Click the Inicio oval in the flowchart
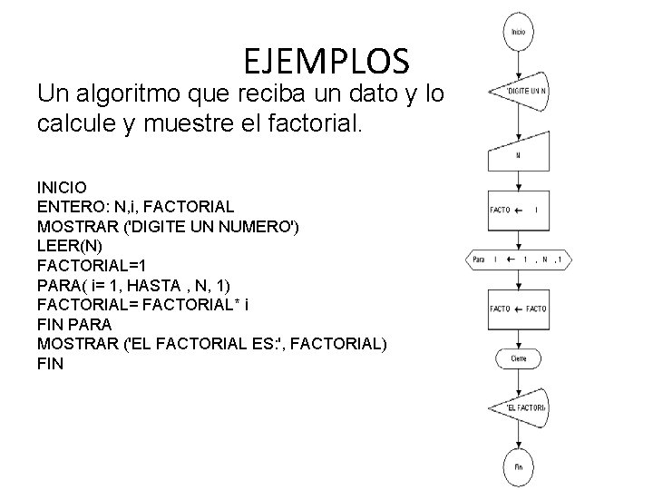tap(518, 32)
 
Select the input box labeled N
tap(518, 155)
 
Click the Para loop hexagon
tap(518, 260)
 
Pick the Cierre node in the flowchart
tap(518, 358)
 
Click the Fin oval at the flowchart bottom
tap(518, 466)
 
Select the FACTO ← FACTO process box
tap(518, 309)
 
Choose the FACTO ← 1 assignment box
tap(518, 210)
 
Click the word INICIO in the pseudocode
tap(62, 187)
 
